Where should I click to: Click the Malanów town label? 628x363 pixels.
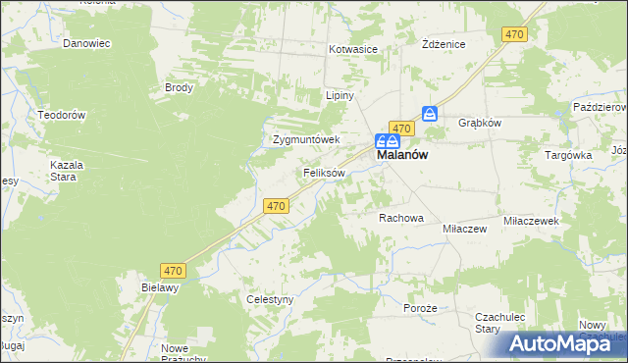point(401,155)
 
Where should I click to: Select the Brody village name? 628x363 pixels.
point(179,87)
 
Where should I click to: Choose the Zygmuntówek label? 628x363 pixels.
point(305,139)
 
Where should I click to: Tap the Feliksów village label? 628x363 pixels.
point(323,173)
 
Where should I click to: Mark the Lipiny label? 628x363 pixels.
point(339,96)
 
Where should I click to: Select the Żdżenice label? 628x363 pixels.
point(442,44)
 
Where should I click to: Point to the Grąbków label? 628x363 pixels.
point(480,124)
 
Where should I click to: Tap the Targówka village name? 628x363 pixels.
point(568,155)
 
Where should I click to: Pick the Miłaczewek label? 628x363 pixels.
point(530,222)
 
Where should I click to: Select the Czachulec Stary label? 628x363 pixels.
point(501,323)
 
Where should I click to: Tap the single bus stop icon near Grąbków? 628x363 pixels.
point(430,114)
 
